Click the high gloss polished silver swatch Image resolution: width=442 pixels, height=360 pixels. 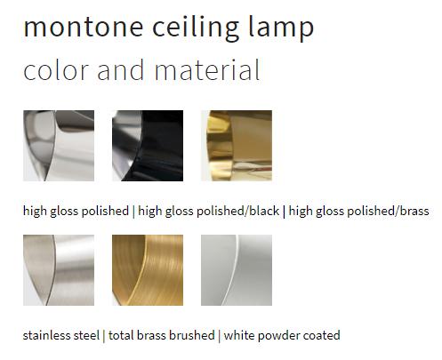(59, 146)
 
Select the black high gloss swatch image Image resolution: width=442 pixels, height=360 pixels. (148, 146)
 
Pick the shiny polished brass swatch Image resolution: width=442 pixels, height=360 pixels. (237, 146)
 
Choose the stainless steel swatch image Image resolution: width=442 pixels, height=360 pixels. (59, 270)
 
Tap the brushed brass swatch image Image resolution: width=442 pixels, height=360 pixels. (148, 270)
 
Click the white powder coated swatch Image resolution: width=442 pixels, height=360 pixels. (237, 270)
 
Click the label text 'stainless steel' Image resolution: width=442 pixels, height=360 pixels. (60, 336)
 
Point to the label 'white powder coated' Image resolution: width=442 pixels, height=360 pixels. (282, 336)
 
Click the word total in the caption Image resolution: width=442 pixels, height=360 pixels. (120, 336)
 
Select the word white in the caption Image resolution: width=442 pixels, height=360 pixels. (238, 336)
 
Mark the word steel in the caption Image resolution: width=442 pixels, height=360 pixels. (85, 336)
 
